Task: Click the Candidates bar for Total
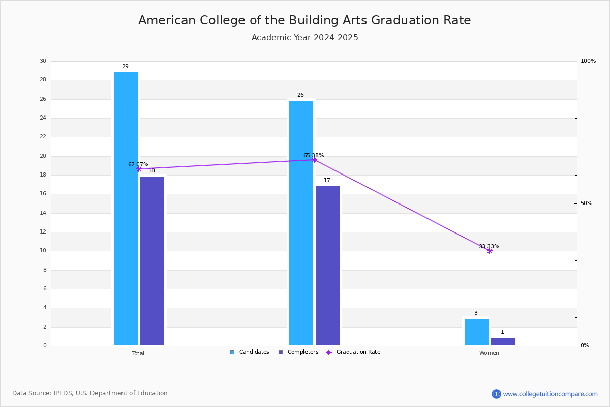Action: point(126,209)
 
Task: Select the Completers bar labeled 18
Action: point(152,260)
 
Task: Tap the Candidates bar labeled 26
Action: point(301,223)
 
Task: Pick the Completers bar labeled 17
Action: point(327,266)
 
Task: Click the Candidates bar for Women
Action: point(476,332)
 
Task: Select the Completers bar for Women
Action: point(503,341)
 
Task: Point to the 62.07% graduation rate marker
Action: point(139,169)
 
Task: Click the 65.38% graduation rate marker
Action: point(314,160)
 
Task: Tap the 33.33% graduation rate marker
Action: point(490,251)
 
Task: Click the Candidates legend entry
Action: point(250,352)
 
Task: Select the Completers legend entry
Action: point(298,352)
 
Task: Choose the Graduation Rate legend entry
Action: point(353,352)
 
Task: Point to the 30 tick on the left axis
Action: point(43,61)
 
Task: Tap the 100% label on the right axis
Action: point(588,61)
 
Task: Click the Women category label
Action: point(489,353)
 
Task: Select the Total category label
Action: point(138,353)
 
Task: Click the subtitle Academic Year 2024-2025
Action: point(304,37)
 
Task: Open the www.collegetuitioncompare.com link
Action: point(550,394)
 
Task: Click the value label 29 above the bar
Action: point(125,66)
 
